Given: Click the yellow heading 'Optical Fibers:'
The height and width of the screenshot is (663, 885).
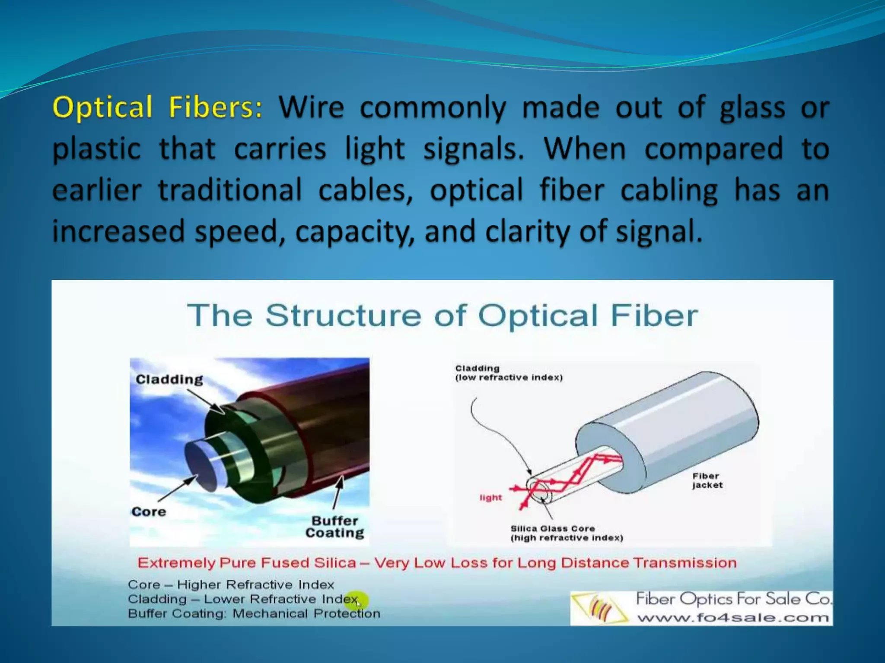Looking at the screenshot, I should (x=157, y=107).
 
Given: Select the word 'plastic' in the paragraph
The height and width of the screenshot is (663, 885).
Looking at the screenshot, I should (x=96, y=149).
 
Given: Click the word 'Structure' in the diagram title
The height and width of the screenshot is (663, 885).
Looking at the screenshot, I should (x=343, y=315).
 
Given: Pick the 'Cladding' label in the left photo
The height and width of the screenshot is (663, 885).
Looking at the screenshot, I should (x=169, y=379).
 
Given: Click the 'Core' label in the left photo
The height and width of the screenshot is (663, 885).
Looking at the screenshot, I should (x=149, y=512).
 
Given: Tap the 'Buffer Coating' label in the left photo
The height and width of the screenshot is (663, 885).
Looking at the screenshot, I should (x=335, y=527).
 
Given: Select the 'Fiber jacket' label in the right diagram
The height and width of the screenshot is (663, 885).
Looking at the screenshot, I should (x=707, y=480).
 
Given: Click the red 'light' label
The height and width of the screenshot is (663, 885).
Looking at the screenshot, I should (x=490, y=498).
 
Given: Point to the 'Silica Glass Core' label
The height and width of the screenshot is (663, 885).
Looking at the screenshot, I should (x=553, y=529).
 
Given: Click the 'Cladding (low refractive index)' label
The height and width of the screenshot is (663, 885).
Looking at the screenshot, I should (x=509, y=373).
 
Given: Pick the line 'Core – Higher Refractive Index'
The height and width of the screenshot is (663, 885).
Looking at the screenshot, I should (x=231, y=585).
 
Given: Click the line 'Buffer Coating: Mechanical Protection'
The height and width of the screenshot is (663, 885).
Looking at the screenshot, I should (x=254, y=613).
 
